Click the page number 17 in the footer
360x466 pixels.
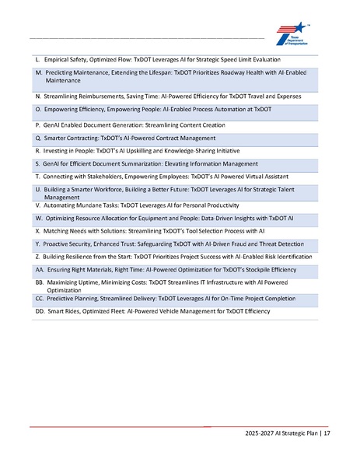pos(327,433)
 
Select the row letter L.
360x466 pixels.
pos(38,59)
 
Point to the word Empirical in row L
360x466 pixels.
pos(61,59)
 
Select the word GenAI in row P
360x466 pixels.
pos(54,124)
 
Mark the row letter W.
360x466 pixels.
pos(39,219)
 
